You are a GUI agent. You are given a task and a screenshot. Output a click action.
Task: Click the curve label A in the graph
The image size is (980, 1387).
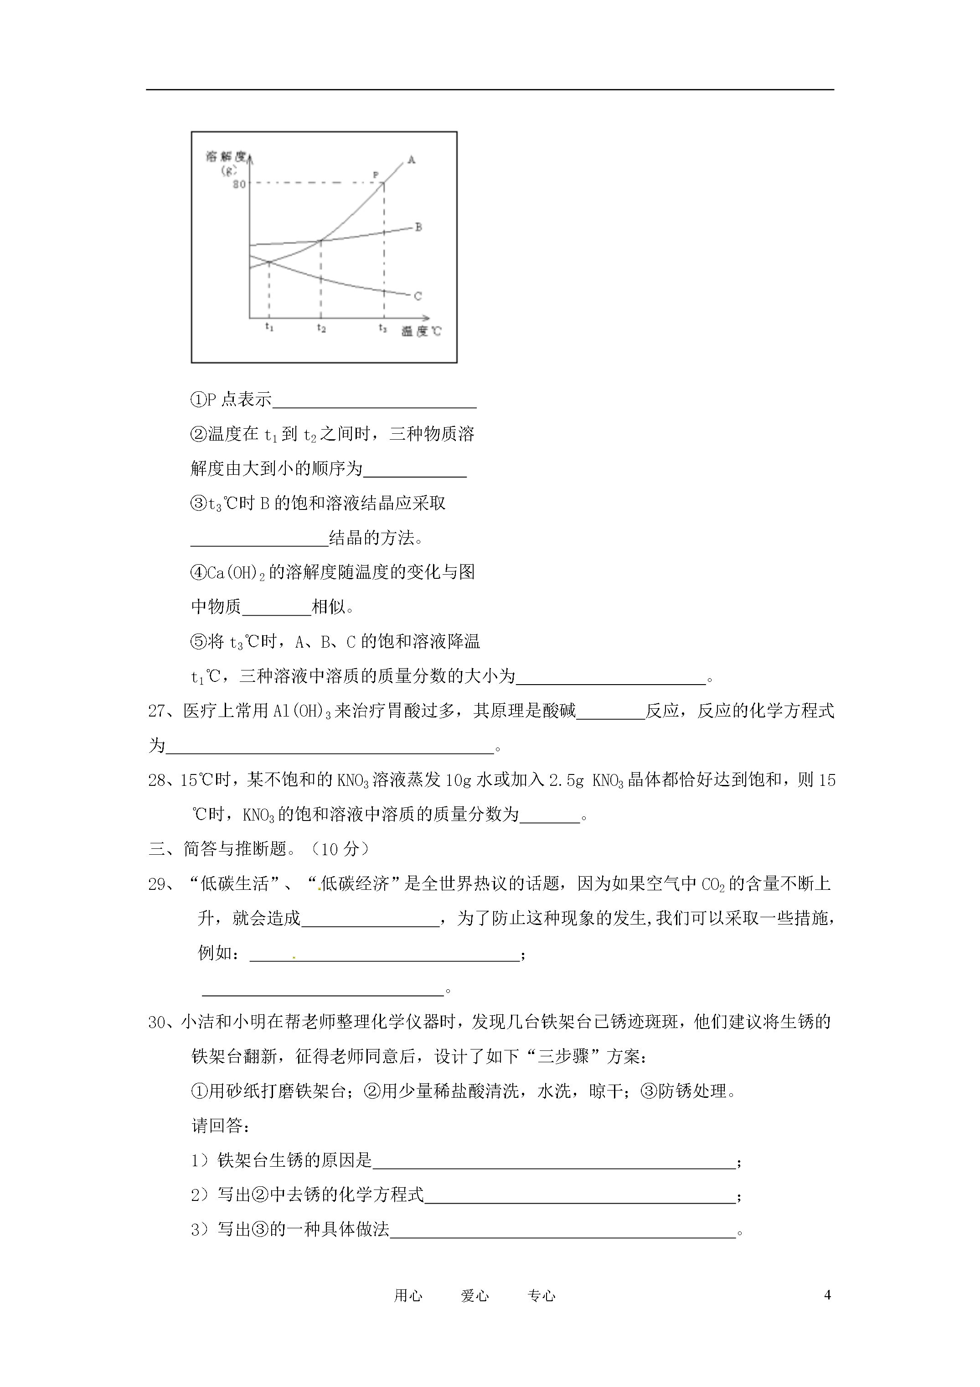click(411, 160)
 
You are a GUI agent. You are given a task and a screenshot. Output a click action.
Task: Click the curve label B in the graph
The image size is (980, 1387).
click(418, 227)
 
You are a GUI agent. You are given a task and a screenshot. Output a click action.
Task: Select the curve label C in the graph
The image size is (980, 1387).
click(418, 296)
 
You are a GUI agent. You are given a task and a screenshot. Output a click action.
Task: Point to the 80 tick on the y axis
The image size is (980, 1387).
click(239, 184)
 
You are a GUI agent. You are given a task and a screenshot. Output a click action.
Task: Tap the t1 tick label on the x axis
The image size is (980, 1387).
click(269, 327)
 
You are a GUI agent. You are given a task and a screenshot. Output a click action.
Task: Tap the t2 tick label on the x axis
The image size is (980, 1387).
click(321, 328)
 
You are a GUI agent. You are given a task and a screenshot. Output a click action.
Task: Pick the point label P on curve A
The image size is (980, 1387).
click(376, 175)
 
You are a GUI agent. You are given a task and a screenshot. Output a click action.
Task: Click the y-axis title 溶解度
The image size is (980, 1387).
click(226, 156)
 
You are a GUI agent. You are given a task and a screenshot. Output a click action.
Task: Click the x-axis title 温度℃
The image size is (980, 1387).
click(421, 331)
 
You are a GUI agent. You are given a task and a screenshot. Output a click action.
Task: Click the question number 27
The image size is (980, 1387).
click(157, 711)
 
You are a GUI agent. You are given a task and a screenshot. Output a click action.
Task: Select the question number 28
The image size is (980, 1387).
click(157, 780)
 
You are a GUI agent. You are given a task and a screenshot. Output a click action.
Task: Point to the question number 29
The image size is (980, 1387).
click(157, 884)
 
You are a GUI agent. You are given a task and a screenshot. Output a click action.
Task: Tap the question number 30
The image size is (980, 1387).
click(157, 1023)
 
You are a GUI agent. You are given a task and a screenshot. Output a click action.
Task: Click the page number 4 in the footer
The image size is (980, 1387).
click(827, 1294)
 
